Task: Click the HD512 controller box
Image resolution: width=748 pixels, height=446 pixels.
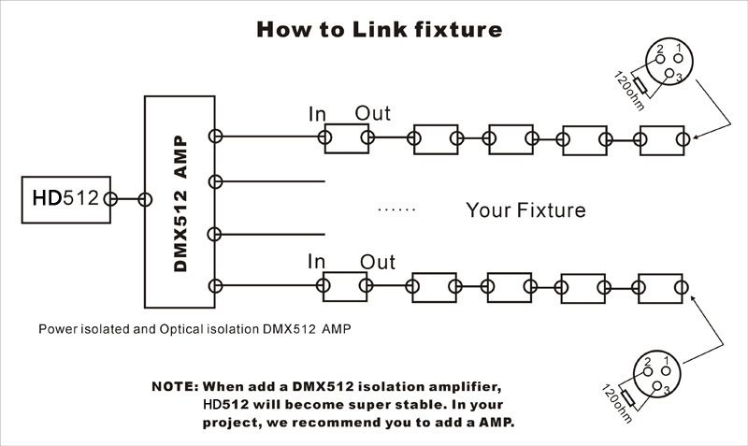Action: (x=64, y=199)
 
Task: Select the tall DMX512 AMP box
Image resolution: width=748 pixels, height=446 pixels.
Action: (x=180, y=201)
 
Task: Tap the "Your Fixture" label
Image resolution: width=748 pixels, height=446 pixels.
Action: (x=525, y=209)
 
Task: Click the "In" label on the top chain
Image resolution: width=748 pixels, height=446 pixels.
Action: (x=318, y=114)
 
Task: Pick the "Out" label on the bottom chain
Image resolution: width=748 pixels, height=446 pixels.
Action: (x=377, y=262)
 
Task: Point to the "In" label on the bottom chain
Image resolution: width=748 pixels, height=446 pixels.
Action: (x=318, y=262)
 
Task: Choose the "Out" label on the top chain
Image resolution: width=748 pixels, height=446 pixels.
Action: (x=373, y=114)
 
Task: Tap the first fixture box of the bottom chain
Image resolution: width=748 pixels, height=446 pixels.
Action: (x=342, y=285)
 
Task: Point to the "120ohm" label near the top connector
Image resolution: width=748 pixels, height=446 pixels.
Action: (x=626, y=90)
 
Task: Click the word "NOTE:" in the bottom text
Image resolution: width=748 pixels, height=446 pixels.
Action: (x=175, y=387)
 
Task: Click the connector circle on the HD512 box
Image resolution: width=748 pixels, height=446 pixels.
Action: (x=110, y=199)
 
